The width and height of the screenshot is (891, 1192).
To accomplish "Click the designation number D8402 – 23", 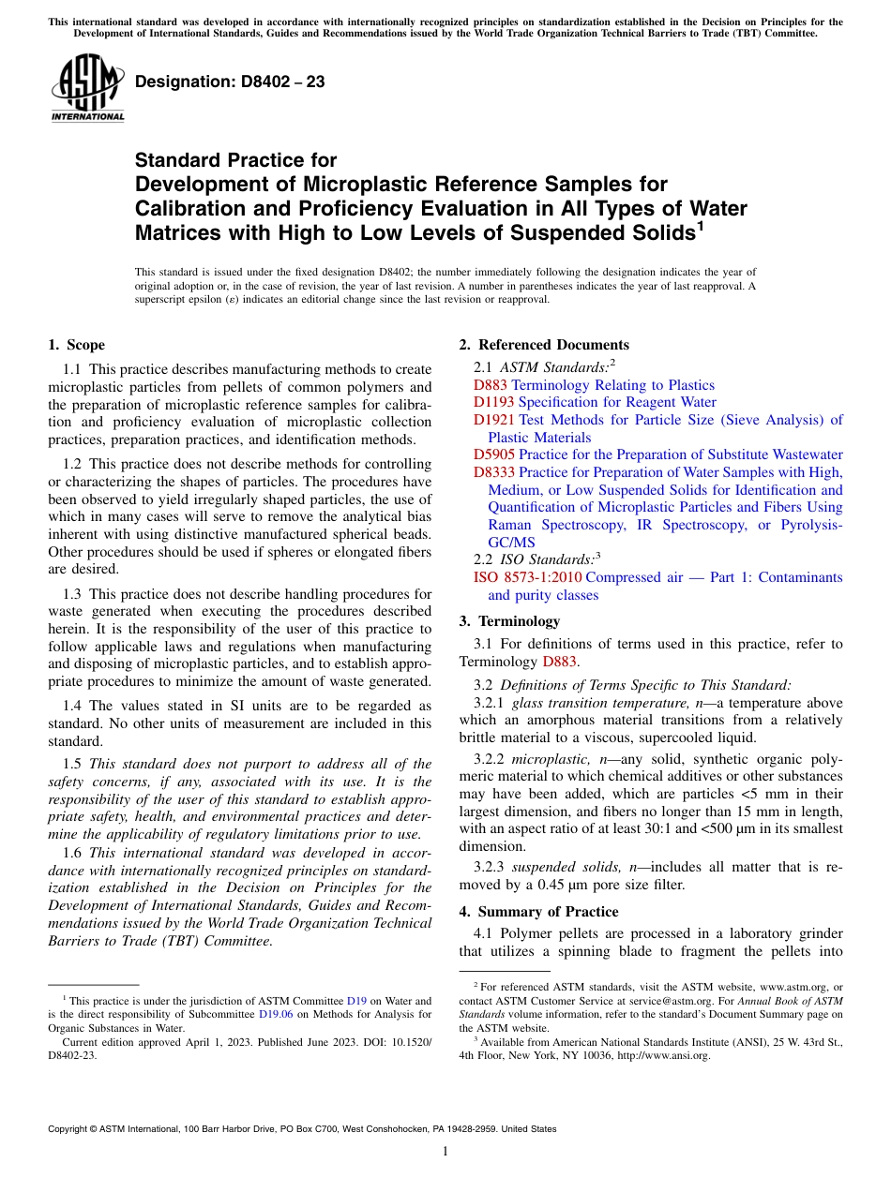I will pyautogui.click(x=230, y=82).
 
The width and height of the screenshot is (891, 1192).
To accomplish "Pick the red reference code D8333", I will pyautogui.click(x=494, y=472).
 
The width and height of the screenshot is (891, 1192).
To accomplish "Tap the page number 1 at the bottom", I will pyautogui.click(x=445, y=1151).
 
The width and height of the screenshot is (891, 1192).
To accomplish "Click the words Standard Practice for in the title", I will pyautogui.click(x=235, y=160).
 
